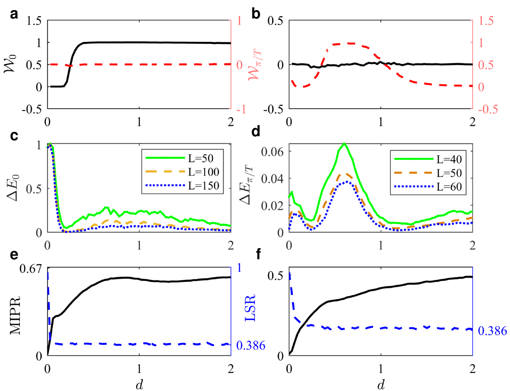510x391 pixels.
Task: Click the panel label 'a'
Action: tap(14, 14)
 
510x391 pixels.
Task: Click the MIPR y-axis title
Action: tap(15, 315)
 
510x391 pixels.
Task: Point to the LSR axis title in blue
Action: tap(250, 308)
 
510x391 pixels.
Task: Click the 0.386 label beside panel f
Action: tap(492, 331)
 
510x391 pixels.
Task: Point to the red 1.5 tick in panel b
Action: tap(486, 21)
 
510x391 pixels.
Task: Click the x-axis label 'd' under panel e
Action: tap(139, 385)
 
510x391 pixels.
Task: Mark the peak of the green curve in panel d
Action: tap(344, 143)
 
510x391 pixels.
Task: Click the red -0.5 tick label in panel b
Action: tap(488, 109)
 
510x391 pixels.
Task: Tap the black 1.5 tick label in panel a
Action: tap(34, 21)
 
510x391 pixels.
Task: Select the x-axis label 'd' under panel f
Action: tap(381, 385)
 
